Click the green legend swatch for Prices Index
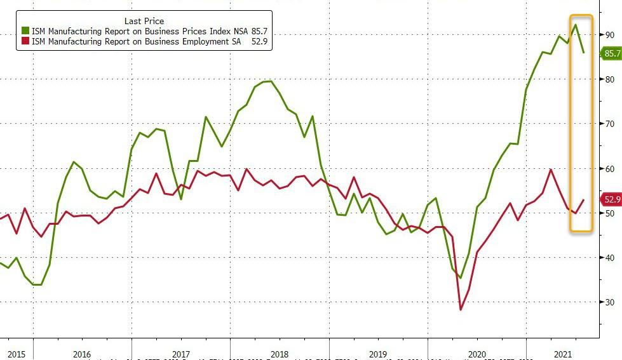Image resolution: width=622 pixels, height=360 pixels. point(25,30)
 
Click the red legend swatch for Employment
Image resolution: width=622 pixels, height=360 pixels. point(25,41)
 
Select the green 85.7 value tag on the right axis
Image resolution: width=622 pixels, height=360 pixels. point(611,54)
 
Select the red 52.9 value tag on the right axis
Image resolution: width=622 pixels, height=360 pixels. point(611,199)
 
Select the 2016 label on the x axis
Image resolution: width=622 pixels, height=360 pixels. point(82,353)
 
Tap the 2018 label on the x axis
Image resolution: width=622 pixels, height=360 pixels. point(280,353)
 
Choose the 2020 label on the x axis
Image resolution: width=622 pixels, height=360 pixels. point(477,353)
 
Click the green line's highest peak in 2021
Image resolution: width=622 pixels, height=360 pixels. point(575,25)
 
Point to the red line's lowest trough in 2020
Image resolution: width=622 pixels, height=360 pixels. point(461,310)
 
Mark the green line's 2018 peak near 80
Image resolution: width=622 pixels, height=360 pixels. point(269,81)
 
